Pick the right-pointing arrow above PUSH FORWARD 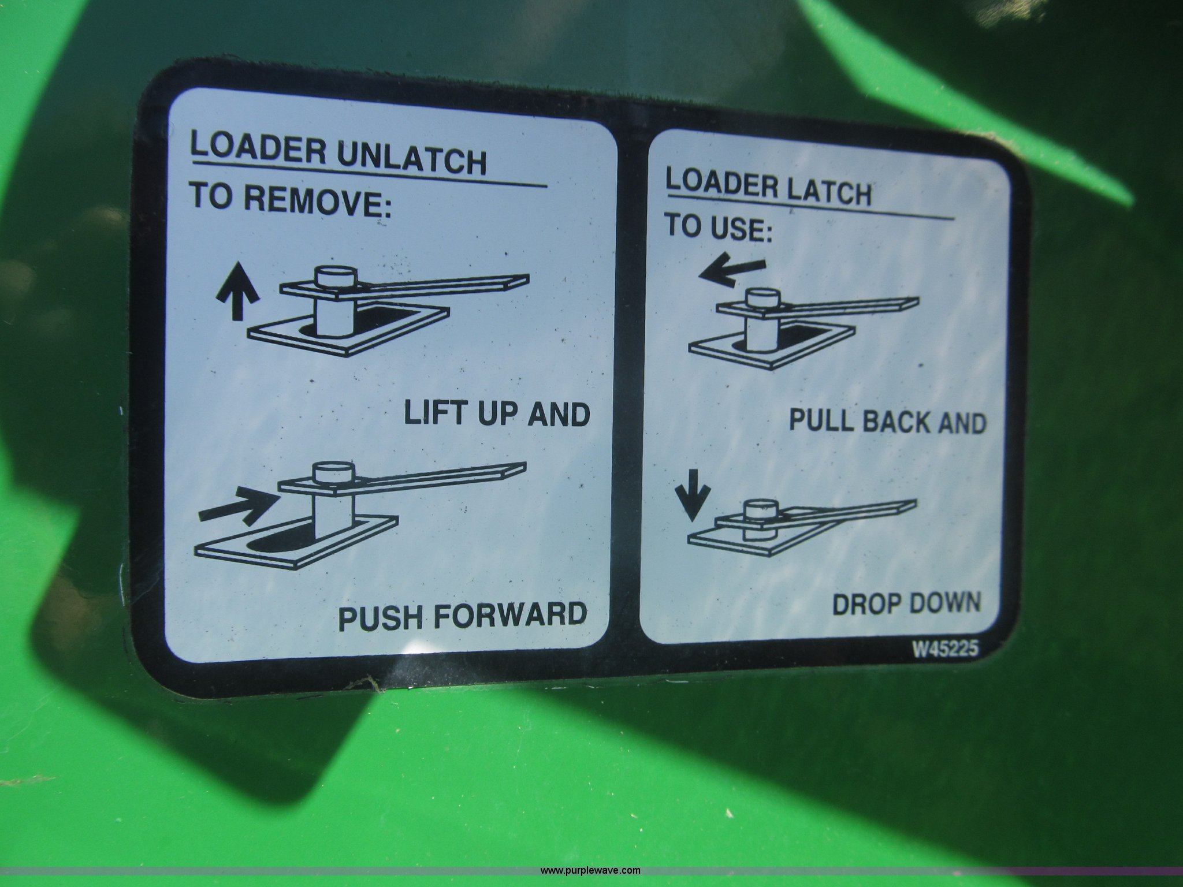(x=237, y=503)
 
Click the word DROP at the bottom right (x=866, y=605)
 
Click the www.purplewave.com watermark (x=590, y=871)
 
